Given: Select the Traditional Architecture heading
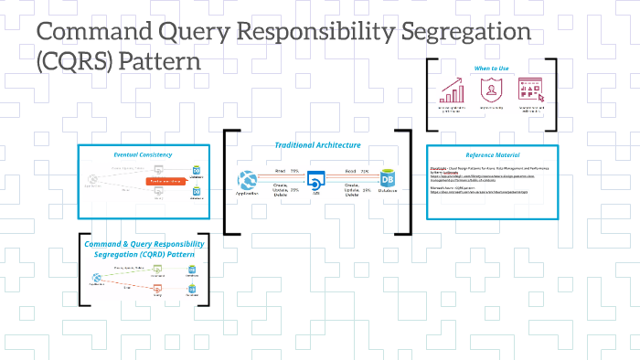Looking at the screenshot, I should tap(317, 145).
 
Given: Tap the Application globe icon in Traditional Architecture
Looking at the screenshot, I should tap(246, 180).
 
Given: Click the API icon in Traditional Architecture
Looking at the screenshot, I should tap(316, 181).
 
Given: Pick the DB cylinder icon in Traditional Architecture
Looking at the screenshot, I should tap(387, 181).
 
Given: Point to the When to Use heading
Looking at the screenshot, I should tap(492, 68).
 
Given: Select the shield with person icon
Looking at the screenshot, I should tap(491, 89).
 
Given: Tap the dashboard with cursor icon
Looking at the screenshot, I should tap(531, 89).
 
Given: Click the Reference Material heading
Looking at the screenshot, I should tap(492, 155).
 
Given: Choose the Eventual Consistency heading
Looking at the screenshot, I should tap(136, 154).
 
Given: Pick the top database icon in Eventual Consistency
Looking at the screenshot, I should tap(195, 170).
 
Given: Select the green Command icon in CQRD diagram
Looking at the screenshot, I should tap(157, 270).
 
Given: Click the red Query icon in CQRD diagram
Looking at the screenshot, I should tap(157, 291).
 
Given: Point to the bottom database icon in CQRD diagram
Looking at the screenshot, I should tap(193, 291).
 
